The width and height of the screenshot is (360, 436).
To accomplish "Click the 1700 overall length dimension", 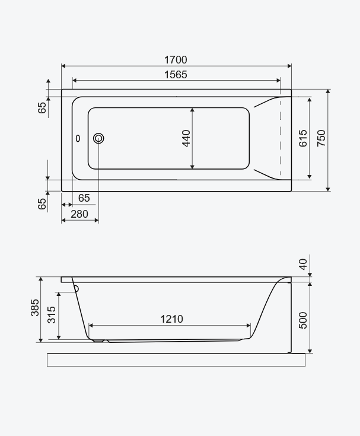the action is (x=176, y=60).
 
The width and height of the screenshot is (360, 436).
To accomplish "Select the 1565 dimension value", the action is (x=176, y=75).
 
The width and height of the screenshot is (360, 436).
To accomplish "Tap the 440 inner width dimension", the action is (x=186, y=138).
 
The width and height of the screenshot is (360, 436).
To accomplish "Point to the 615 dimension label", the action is (x=302, y=138).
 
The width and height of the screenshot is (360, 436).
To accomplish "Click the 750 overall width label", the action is (x=321, y=138).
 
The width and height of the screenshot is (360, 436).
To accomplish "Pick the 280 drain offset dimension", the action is (x=79, y=214).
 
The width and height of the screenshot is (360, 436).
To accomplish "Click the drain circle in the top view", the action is (x=98, y=138).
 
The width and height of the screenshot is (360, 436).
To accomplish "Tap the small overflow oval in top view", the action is (x=78, y=138).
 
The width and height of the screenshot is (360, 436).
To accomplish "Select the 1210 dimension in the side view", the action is (x=172, y=319).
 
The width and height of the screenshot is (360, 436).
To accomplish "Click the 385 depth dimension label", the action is (x=35, y=307).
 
